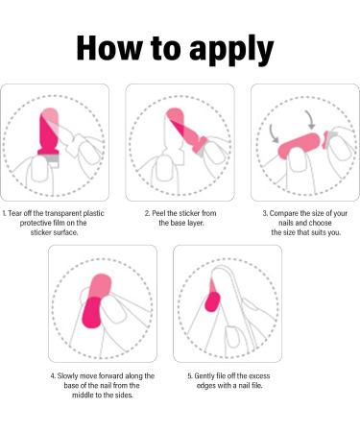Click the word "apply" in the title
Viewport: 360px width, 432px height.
click(x=231, y=50)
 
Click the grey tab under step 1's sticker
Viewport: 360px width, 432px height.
click(x=53, y=159)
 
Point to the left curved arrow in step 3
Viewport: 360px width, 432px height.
click(x=274, y=133)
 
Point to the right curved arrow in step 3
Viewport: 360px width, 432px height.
click(x=310, y=120)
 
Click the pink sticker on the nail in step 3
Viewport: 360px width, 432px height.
click(x=299, y=146)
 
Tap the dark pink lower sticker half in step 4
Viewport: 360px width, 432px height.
click(x=92, y=313)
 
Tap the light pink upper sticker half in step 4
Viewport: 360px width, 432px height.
click(x=100, y=286)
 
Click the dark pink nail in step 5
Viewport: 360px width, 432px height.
click(x=212, y=301)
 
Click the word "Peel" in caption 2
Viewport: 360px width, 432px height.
click(x=158, y=213)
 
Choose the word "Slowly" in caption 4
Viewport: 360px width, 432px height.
click(x=67, y=376)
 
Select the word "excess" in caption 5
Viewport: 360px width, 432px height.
click(x=259, y=376)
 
